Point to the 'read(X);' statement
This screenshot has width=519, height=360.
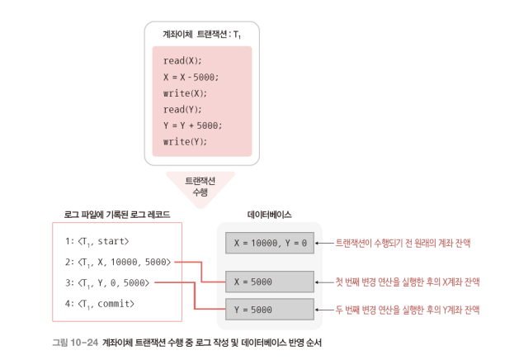point(182,61)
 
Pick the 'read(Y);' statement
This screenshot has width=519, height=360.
point(182,109)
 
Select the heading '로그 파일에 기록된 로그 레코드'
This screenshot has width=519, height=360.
point(117,214)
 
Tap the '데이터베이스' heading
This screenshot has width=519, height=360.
point(270,214)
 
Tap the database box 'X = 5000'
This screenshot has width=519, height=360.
point(269,282)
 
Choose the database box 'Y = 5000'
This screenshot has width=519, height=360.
point(269,310)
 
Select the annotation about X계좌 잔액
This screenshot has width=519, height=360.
point(408,282)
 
